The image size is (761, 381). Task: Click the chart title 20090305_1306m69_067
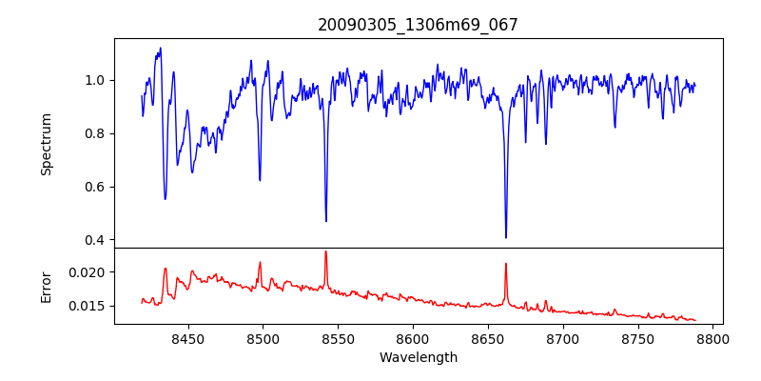coord(418,25)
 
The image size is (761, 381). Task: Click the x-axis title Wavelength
coord(418,358)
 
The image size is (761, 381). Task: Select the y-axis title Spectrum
coord(46,144)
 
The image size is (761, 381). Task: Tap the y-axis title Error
coord(46,287)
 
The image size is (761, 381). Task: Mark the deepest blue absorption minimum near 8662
coord(506,237)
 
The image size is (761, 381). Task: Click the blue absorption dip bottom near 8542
coord(326,221)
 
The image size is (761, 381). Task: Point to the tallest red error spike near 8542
coord(325,251)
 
